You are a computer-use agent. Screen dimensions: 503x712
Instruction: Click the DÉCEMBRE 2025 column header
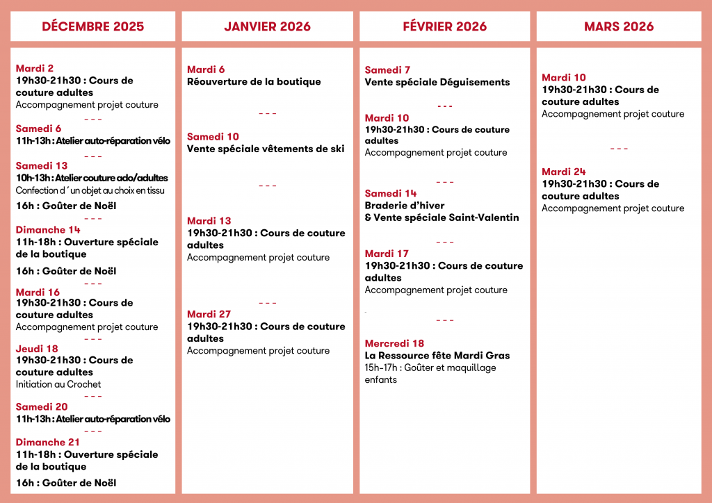[93, 27]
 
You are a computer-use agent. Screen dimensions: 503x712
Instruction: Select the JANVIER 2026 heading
[267, 27]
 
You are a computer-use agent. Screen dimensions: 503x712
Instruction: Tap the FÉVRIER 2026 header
[444, 27]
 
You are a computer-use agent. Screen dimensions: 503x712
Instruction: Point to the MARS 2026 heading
[619, 27]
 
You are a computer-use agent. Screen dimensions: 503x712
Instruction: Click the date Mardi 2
[35, 68]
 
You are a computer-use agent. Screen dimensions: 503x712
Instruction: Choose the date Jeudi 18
[37, 349]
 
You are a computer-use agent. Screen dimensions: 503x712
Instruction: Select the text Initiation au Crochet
[58, 384]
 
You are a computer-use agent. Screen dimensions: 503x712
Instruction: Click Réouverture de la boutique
[254, 82]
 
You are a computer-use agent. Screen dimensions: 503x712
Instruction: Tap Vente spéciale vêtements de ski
[266, 149]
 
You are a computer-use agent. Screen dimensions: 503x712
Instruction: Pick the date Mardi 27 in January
[209, 314]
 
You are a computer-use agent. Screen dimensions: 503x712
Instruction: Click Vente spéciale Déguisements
[437, 82]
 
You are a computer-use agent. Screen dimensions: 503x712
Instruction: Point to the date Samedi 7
[387, 70]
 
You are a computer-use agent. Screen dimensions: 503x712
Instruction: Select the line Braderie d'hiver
[405, 206]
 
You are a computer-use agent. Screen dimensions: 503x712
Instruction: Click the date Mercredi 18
[394, 343]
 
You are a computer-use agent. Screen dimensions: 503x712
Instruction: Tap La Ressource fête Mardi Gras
[437, 356]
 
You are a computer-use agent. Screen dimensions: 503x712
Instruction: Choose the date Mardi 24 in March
[564, 172]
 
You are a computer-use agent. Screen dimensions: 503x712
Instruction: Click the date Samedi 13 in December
[42, 166]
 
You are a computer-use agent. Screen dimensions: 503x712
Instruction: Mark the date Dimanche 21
[48, 442]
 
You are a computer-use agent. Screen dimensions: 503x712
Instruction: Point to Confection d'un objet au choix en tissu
[90, 190]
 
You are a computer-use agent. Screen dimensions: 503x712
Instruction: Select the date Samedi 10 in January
[213, 137]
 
